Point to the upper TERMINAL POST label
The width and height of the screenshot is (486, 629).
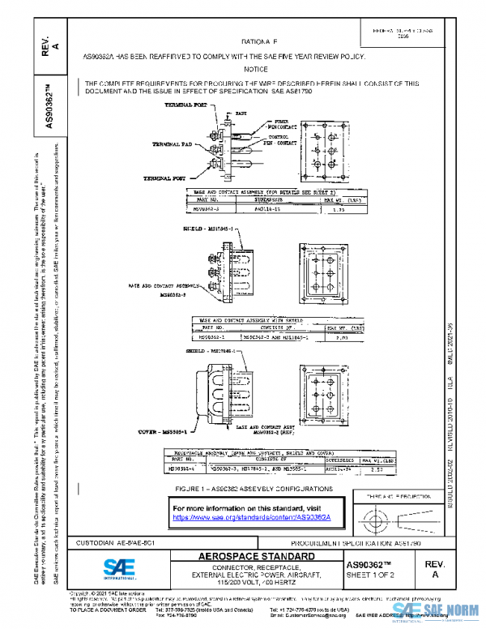click(x=186, y=105)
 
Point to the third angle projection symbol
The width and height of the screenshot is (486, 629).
click(x=397, y=516)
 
